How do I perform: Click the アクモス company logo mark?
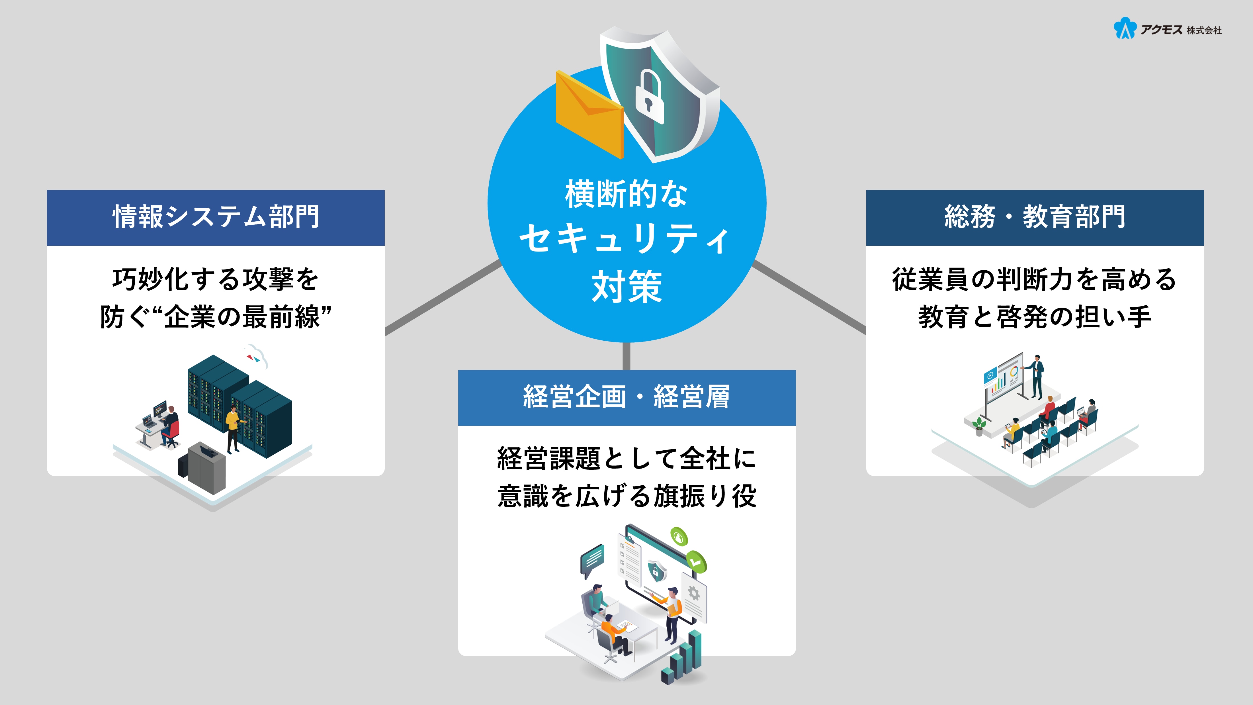click(x=1124, y=28)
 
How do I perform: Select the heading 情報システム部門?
click(x=216, y=217)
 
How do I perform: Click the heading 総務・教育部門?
click(x=1035, y=217)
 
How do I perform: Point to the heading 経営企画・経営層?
click(x=626, y=397)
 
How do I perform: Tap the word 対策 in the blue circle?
click(x=626, y=287)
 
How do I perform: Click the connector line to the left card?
click(x=443, y=298)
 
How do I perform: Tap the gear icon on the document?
click(x=694, y=594)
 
